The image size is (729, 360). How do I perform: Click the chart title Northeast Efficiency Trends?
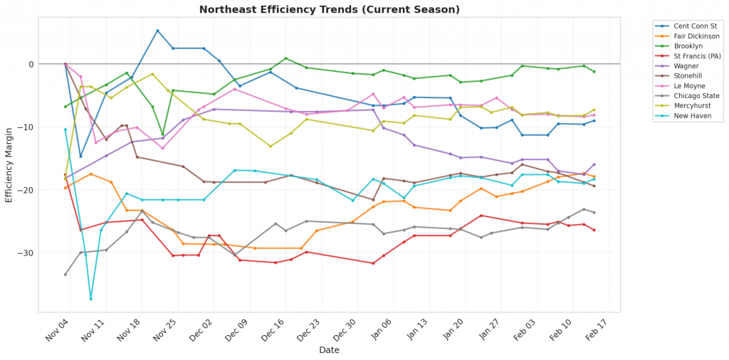pyautogui.click(x=329, y=9)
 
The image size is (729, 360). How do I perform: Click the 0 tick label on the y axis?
pyautogui.click(x=31, y=65)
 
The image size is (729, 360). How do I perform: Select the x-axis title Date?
pyautogui.click(x=329, y=350)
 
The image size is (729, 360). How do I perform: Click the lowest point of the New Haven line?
pyautogui.click(x=91, y=298)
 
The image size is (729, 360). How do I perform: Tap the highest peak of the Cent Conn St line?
pyautogui.click(x=157, y=31)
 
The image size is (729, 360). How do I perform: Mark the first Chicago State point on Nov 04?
pyautogui.click(x=65, y=275)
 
